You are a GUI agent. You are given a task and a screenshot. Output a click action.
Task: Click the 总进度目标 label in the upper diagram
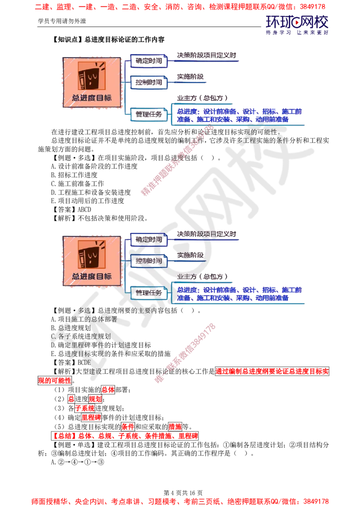[92, 98]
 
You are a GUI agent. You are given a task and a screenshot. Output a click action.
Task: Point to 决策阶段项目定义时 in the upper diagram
[207, 55]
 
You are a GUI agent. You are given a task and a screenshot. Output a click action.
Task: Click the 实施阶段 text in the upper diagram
[190, 77]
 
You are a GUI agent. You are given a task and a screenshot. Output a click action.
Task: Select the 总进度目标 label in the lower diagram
[92, 276]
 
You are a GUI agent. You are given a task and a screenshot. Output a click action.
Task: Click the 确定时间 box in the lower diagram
[149, 239]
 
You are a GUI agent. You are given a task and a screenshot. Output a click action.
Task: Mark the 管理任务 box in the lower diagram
[149, 293]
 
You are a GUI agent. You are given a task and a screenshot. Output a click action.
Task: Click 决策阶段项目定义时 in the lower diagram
[207, 234]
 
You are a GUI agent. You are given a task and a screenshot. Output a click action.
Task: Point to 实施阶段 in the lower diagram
[190, 255]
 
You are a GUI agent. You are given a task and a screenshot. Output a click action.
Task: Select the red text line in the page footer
[180, 500]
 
